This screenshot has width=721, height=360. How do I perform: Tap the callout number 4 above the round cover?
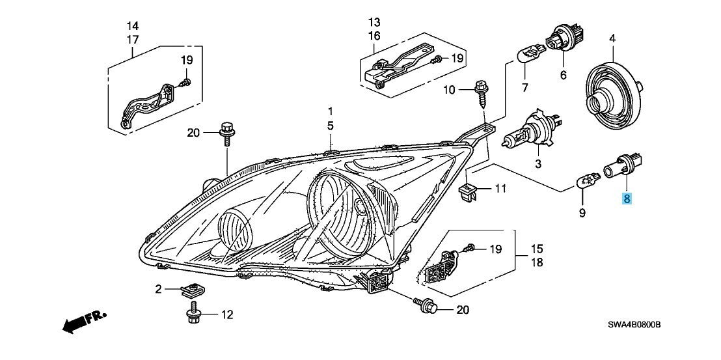[x=612, y=39]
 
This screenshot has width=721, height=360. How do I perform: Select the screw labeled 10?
[x=481, y=93]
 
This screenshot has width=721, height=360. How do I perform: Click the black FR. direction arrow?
[x=85, y=320]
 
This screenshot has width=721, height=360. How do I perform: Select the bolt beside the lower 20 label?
[x=424, y=305]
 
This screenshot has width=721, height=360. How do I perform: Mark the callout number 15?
[x=537, y=249]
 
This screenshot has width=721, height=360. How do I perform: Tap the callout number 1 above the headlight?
[x=330, y=111]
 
